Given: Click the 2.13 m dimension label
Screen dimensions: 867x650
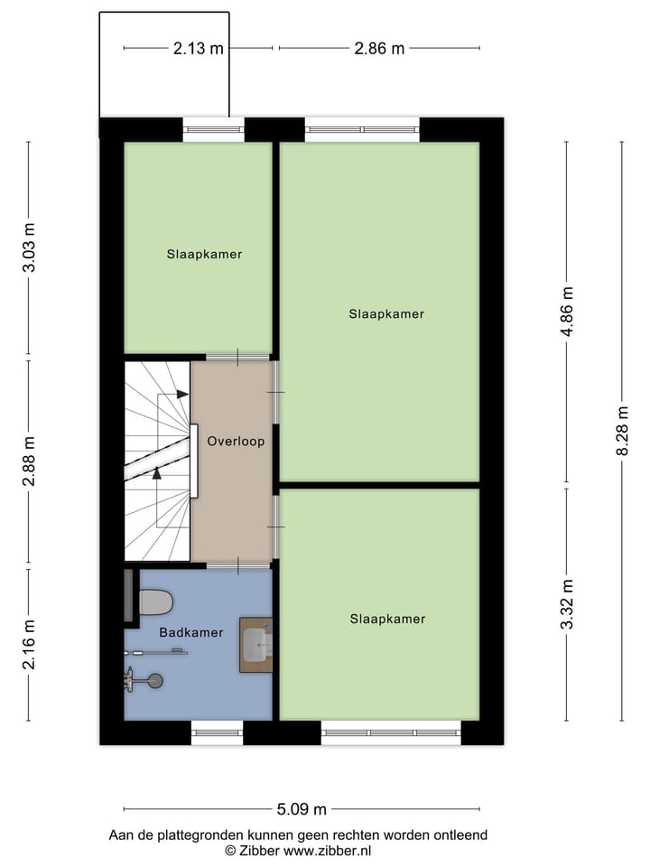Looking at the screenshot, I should tap(198, 49).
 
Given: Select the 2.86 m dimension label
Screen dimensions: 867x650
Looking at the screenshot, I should tap(379, 49).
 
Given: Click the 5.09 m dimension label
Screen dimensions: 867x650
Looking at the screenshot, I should tap(302, 809).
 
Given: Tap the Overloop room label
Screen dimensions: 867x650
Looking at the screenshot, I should tap(235, 443).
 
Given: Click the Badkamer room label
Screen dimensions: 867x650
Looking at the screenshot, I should tap(190, 633).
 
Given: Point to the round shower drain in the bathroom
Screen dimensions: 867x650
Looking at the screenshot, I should tap(155, 681).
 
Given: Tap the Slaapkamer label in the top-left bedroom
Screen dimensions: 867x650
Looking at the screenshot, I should tap(204, 255).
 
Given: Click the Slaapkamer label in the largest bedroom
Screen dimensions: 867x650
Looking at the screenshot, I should tap(386, 314).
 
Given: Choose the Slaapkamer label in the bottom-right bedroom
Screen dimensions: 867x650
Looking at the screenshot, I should tap(387, 620).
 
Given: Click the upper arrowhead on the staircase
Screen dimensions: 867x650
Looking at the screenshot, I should tap(182, 394).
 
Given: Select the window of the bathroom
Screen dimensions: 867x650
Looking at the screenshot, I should tap(217, 732).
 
